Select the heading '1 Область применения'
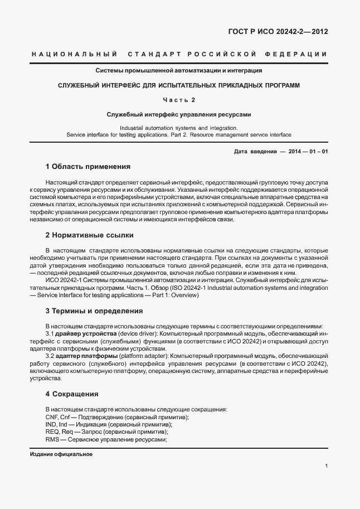87,166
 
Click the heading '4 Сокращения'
72,394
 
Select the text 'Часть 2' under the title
178,100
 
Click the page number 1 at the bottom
326,466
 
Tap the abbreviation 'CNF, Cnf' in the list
57,417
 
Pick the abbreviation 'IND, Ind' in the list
56,424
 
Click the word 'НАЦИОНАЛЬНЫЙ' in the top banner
74,54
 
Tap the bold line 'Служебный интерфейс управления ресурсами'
178,114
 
